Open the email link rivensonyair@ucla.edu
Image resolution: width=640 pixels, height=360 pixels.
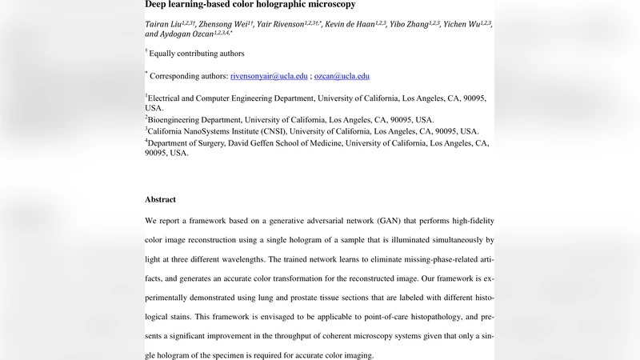pos(269,76)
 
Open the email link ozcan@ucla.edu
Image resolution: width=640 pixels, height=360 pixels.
pos(342,76)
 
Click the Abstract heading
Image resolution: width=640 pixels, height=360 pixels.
pos(160,199)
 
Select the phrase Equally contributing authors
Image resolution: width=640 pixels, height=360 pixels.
pos(197,54)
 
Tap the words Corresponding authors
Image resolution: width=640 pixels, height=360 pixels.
pos(189,76)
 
